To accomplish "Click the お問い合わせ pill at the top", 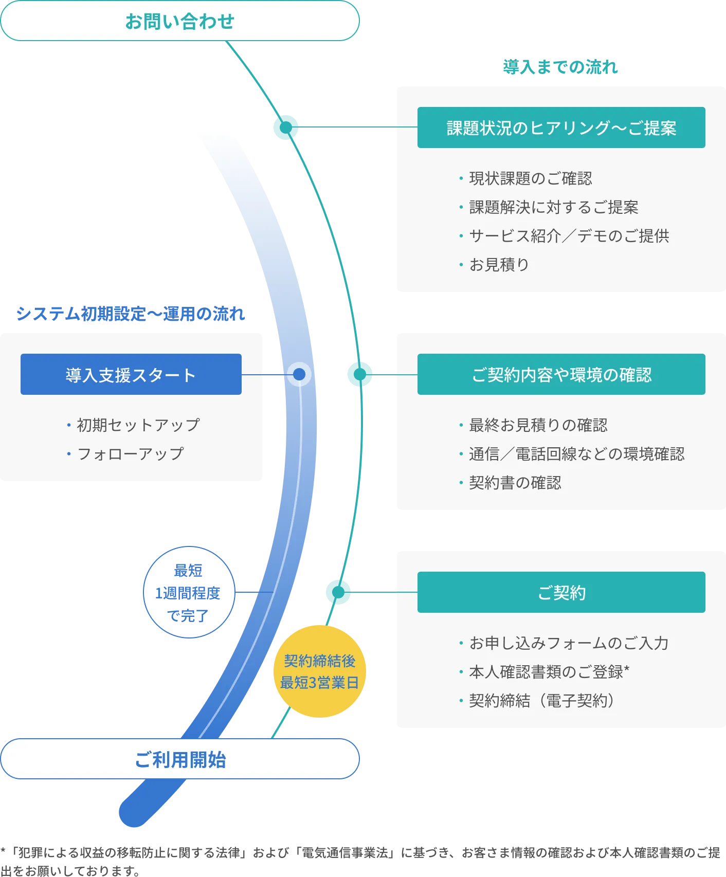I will [x=179, y=21].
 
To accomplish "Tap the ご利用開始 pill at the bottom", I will [x=179, y=759].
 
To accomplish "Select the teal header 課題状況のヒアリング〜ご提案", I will [x=561, y=127].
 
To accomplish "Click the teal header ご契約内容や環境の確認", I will [x=561, y=374].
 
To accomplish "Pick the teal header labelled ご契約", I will [x=561, y=592].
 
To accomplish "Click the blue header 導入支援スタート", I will [x=131, y=374].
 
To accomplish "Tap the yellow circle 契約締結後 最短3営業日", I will [x=319, y=671].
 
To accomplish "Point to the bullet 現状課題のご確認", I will [x=530, y=178].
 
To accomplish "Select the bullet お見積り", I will [x=499, y=265].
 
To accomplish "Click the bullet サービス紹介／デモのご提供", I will [x=569, y=236].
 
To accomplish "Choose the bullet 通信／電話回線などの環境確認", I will [x=576, y=454].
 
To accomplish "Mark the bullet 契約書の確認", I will [x=515, y=483].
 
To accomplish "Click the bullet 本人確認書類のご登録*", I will [x=549, y=672].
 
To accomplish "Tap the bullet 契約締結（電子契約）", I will [x=541, y=701].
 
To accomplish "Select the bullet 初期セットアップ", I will [x=138, y=425].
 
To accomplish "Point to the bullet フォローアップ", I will [x=130, y=454].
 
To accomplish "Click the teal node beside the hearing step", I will [x=286, y=127].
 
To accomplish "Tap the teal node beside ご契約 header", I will [x=338, y=592].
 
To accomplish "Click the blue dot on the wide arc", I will [x=299, y=374].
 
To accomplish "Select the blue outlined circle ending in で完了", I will [x=189, y=592].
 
